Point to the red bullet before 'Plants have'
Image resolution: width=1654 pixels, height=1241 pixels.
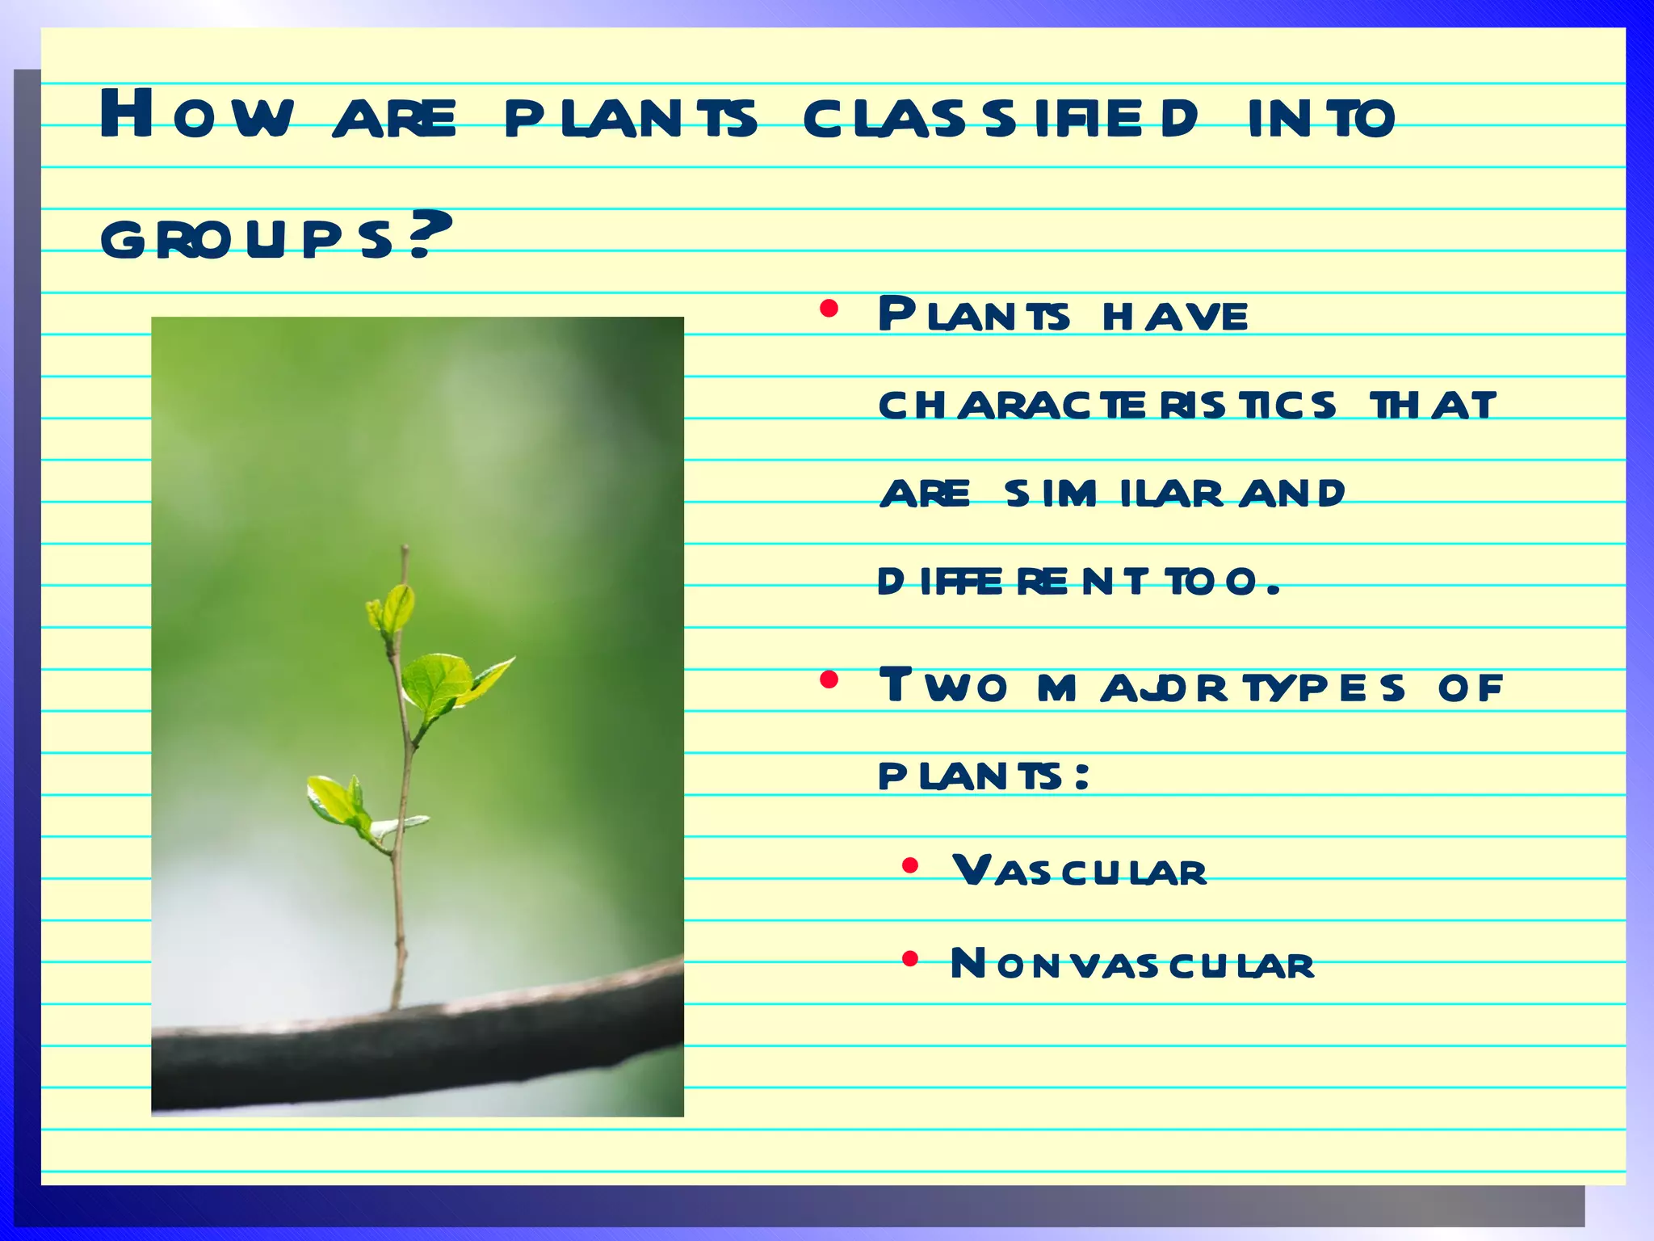[x=829, y=309]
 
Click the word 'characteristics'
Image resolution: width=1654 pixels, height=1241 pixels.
[x=1106, y=405]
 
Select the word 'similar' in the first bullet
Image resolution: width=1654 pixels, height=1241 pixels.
[x=1115, y=493]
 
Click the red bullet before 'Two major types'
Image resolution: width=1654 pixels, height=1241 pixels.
[x=829, y=680]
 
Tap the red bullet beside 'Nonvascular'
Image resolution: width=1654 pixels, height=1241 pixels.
[x=910, y=959]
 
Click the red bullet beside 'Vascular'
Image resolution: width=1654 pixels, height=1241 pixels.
[x=910, y=867]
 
